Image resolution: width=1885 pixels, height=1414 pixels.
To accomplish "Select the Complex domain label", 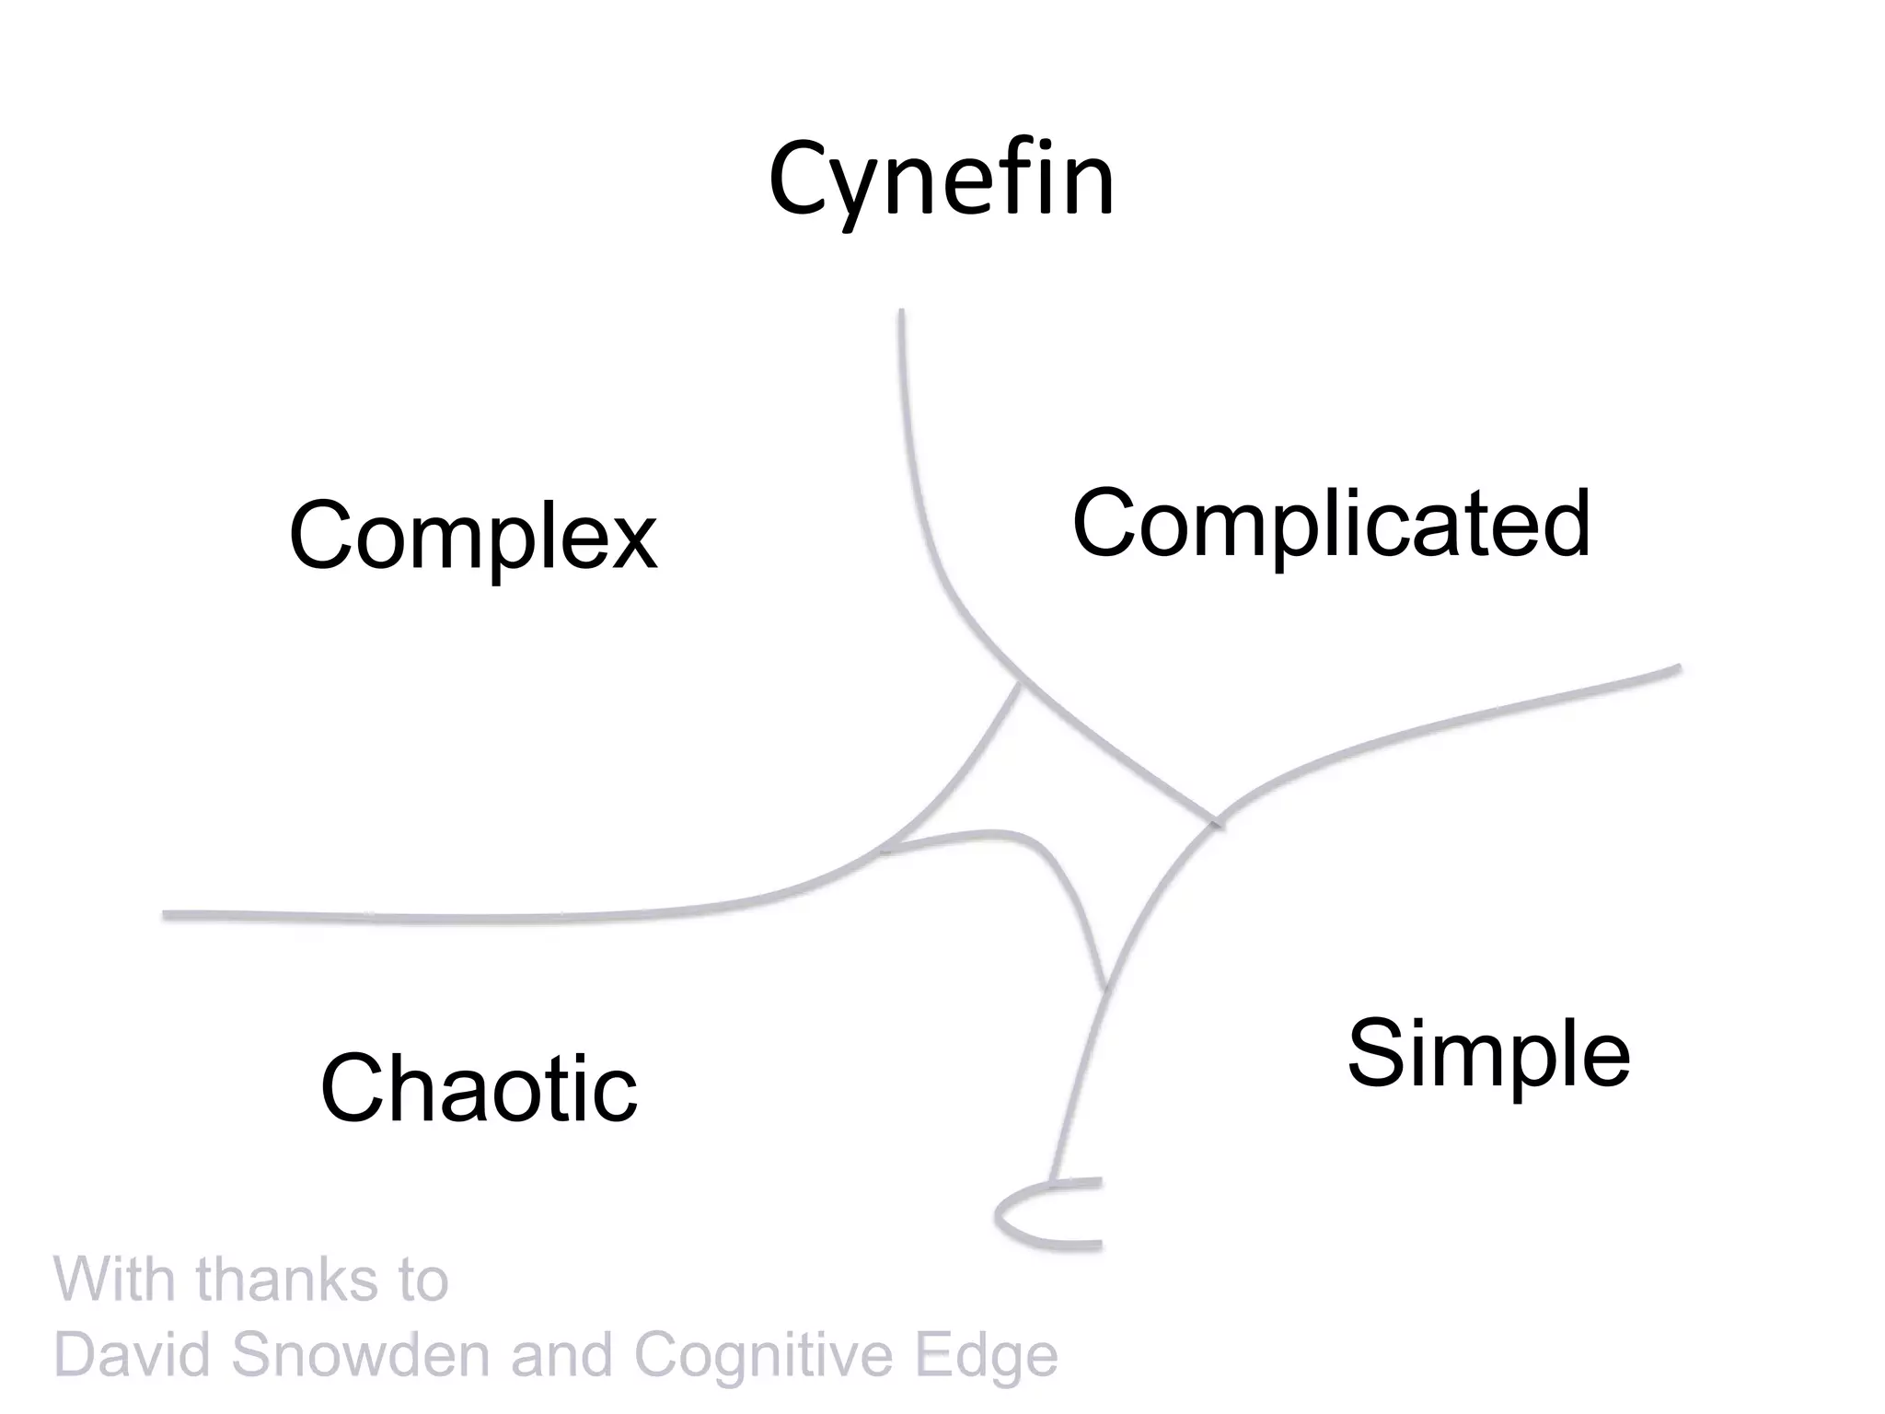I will pyautogui.click(x=473, y=536).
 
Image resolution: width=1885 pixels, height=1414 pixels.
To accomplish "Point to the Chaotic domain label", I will pyautogui.click(x=479, y=1088).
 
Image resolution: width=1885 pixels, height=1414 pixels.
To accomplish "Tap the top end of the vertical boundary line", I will pyautogui.click(x=901, y=313).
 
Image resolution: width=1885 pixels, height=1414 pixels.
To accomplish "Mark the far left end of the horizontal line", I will pyautogui.click(x=167, y=915).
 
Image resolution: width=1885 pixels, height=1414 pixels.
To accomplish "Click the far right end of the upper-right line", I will pyautogui.click(x=1678, y=669).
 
